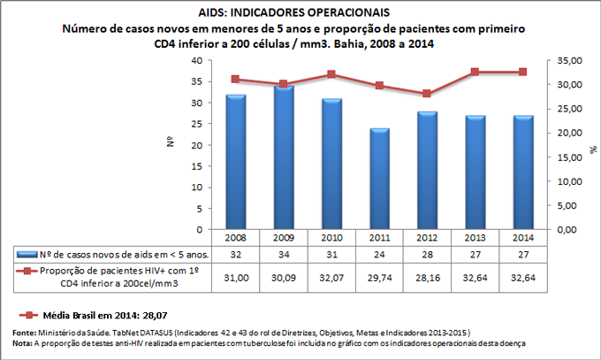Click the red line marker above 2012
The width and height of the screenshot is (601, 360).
pos(427,93)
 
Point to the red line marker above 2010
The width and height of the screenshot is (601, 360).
pos(331,74)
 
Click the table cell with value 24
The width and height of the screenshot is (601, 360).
pos(378,255)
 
